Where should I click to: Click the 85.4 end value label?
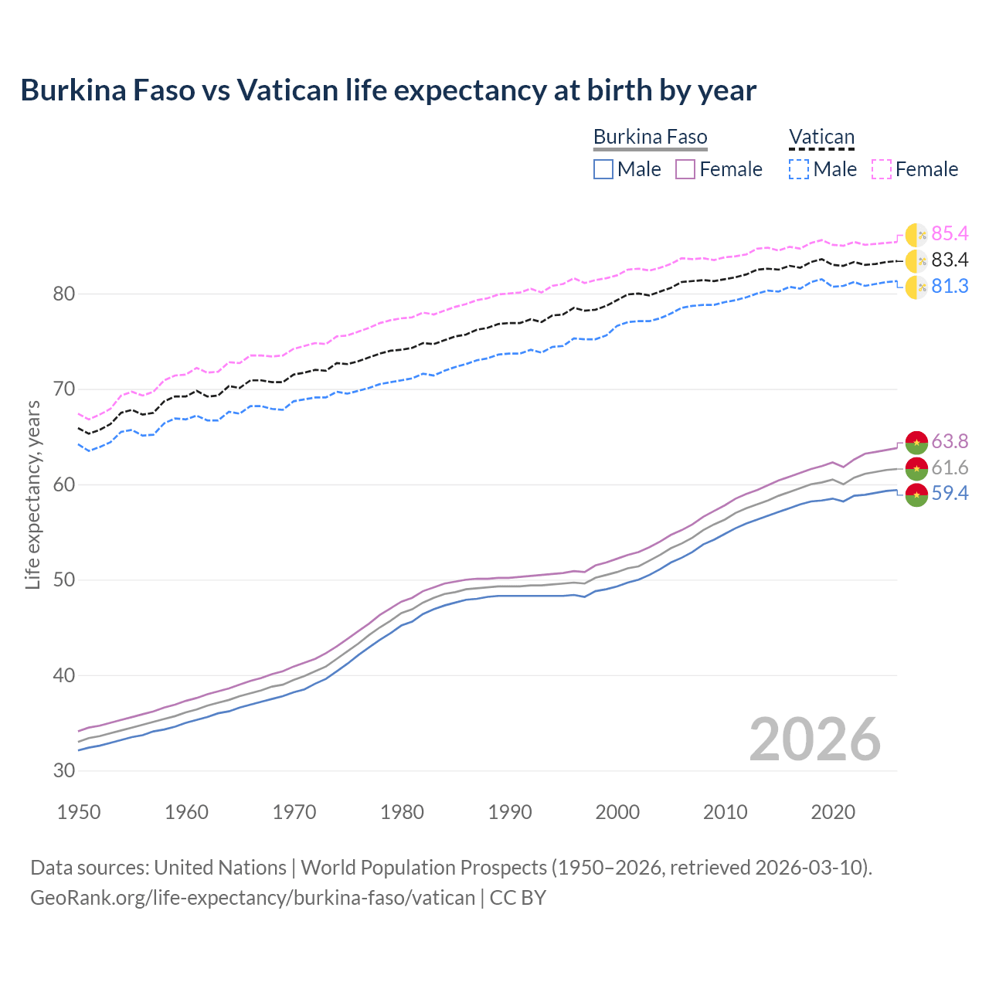[950, 233]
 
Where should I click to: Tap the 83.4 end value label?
[950, 260]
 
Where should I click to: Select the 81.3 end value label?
[950, 286]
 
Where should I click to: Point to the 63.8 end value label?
[950, 441]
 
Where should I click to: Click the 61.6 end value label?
[950, 467]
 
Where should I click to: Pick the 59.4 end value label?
[950, 493]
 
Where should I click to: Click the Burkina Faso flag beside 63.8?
[916, 442]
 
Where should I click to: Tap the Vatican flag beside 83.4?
[916, 260]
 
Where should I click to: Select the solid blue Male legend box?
[603, 169]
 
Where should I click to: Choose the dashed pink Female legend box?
[882, 169]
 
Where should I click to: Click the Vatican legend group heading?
[821, 137]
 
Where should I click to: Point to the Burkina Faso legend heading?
[650, 137]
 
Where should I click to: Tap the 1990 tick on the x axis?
[510, 812]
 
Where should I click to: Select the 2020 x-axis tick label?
[833, 812]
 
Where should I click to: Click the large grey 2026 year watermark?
[815, 739]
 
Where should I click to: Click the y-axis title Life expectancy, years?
[33, 494]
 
